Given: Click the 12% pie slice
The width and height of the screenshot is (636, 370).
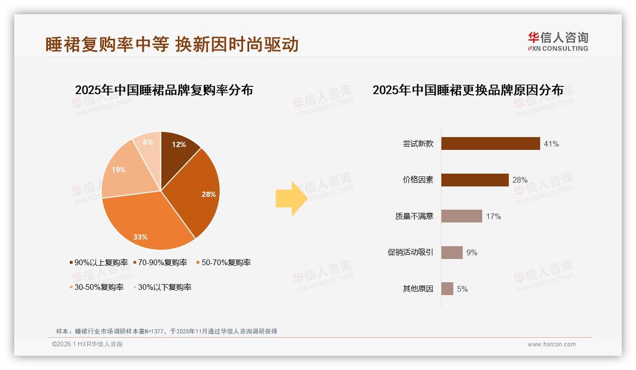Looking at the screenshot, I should [x=178, y=147].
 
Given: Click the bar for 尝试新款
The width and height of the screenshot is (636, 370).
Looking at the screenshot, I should [x=490, y=143].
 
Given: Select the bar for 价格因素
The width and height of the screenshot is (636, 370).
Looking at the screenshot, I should [x=475, y=180].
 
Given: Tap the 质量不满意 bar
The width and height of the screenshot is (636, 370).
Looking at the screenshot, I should [x=461, y=216].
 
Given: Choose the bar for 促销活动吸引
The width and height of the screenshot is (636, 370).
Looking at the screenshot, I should [x=452, y=252].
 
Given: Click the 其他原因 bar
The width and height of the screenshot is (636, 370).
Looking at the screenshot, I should [x=447, y=289].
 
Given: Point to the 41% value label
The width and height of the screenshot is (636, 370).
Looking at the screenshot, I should [x=552, y=144].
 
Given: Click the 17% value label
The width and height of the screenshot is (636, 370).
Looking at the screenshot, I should [x=494, y=217].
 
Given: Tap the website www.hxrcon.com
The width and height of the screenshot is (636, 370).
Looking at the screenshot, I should [x=552, y=344].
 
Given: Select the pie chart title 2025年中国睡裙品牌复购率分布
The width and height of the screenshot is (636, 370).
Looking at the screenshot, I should [x=164, y=90].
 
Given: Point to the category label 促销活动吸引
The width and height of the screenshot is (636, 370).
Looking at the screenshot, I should [x=411, y=252].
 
